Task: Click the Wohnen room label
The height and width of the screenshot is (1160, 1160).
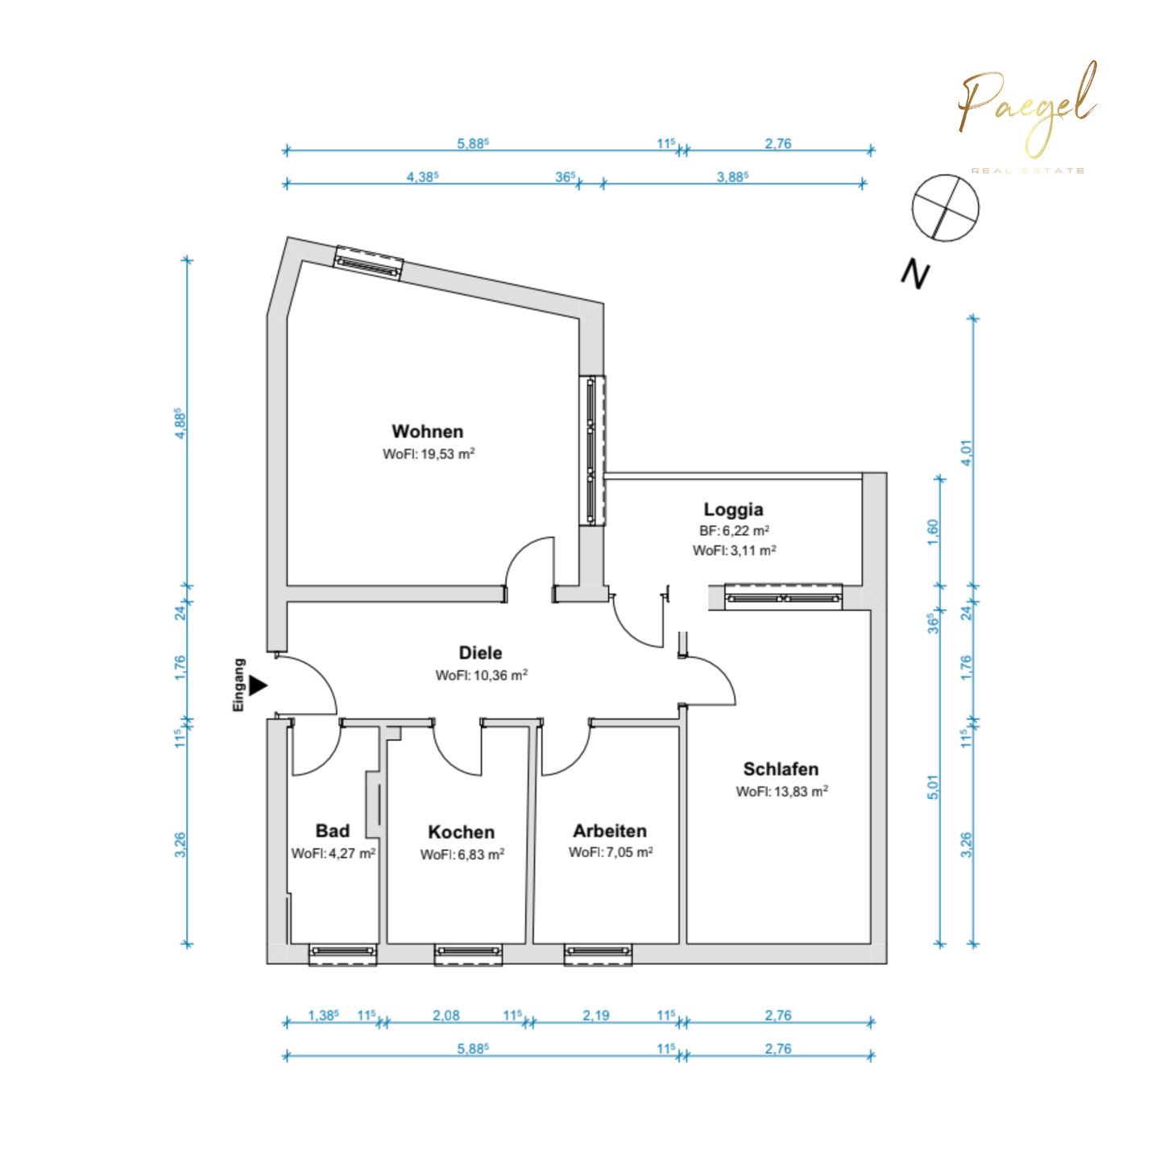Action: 427,432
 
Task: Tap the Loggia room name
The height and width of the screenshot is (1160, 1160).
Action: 733,509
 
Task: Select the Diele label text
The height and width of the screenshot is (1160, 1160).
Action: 480,652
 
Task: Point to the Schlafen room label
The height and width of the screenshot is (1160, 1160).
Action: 781,769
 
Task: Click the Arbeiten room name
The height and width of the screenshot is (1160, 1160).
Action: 610,831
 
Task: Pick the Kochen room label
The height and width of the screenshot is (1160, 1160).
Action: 461,832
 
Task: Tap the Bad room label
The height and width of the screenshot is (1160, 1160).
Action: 332,831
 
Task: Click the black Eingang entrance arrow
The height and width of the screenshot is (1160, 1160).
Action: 258,686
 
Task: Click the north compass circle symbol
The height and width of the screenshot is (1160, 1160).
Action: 945,207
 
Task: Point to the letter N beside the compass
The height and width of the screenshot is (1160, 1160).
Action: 915,275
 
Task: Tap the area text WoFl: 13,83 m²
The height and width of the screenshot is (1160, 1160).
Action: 781,792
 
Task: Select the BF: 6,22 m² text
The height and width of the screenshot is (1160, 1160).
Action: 734,531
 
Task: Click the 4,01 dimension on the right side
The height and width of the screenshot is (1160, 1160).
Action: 967,452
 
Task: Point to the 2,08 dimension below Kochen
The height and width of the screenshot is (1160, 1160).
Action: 445,1015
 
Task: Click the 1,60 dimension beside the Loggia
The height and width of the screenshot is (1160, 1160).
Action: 933,532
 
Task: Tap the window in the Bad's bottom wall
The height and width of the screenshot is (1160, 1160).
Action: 342,953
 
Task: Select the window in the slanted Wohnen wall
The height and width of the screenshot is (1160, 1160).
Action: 368,263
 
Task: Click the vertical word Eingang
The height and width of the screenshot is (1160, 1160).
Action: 238,686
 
